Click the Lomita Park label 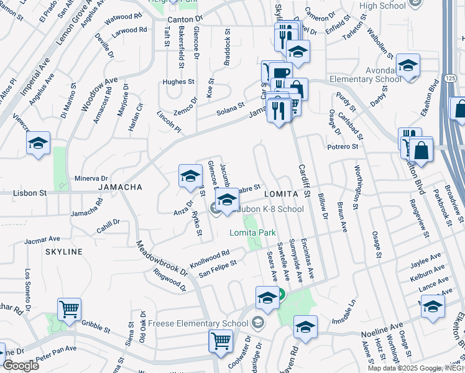[252, 233]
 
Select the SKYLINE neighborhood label [63, 251]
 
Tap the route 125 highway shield [449, 76]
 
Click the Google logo [21, 366]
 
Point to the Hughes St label [178, 81]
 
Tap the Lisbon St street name [30, 193]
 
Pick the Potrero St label [343, 147]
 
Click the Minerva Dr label [91, 178]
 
